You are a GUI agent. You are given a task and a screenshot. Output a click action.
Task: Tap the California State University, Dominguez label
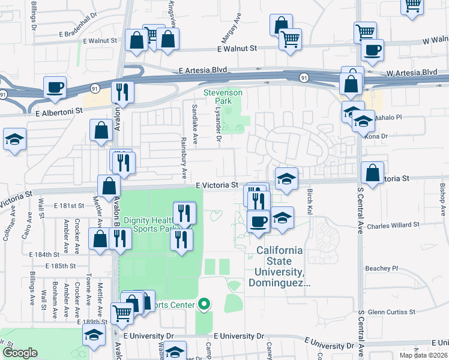(x=280, y=266)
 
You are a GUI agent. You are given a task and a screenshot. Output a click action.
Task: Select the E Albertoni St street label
(x=58, y=112)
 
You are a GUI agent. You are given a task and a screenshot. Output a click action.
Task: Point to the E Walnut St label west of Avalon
(x=100, y=41)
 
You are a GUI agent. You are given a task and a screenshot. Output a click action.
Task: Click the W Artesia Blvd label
(x=412, y=73)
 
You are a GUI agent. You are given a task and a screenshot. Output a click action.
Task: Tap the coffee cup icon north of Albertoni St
(x=54, y=88)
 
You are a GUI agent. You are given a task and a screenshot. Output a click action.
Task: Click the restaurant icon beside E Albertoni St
(x=122, y=92)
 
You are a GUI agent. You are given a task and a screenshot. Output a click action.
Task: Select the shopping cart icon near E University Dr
(x=122, y=312)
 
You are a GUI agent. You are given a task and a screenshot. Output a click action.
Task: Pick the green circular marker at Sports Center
(x=204, y=304)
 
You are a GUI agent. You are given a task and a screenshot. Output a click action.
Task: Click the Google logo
(x=20, y=353)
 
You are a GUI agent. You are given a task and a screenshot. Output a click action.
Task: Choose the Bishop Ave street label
(x=442, y=200)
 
